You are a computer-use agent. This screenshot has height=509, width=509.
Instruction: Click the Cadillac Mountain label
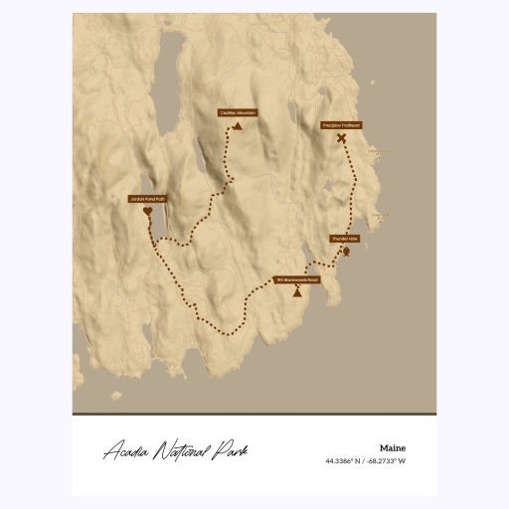click(238, 113)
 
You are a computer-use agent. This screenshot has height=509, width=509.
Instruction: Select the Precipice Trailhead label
click(341, 125)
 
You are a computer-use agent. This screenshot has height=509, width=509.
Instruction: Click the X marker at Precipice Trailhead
click(341, 139)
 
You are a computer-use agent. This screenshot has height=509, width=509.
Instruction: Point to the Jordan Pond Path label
click(147, 200)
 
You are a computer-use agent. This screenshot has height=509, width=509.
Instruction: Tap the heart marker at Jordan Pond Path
click(147, 212)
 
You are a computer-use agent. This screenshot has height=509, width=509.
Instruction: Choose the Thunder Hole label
click(344, 239)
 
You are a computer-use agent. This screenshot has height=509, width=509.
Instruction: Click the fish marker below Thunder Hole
click(345, 252)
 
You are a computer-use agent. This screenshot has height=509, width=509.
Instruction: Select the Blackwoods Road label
click(298, 279)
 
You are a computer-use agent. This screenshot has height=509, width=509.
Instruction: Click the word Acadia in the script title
click(128, 452)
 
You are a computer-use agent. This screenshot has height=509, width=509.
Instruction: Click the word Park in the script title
click(231, 452)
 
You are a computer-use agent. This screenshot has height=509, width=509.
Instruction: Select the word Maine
click(392, 447)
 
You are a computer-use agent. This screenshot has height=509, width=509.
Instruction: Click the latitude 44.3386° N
click(344, 461)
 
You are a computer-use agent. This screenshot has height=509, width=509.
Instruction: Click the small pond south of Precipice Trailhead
click(327, 186)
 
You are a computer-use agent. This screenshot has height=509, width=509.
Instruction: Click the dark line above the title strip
click(254, 414)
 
